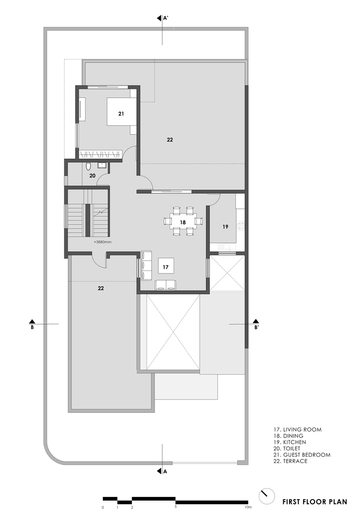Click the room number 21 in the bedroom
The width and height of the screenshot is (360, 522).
click(121, 114)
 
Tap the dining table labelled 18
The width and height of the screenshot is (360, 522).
click(183, 221)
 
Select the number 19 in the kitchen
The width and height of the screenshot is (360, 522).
click(225, 227)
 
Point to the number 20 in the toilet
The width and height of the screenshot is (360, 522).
click(92, 175)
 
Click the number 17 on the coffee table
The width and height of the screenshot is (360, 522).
click(166, 267)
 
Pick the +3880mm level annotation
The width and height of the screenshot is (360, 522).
click(102, 242)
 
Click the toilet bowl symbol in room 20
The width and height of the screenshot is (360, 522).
click(88, 165)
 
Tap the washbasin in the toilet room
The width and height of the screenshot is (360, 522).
click(102, 165)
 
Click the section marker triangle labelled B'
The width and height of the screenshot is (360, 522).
click(256, 321)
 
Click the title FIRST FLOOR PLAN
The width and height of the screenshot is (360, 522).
click(315, 502)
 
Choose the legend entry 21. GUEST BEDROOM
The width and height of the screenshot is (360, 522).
click(302, 455)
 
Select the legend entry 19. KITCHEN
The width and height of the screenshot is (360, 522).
click(290, 442)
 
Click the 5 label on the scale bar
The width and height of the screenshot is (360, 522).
click(175, 507)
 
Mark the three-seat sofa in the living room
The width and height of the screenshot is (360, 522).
click(147, 265)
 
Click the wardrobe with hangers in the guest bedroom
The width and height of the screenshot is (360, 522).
click(100, 154)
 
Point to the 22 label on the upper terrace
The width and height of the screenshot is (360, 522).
click(170, 140)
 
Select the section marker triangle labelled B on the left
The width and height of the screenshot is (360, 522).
click(32, 321)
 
